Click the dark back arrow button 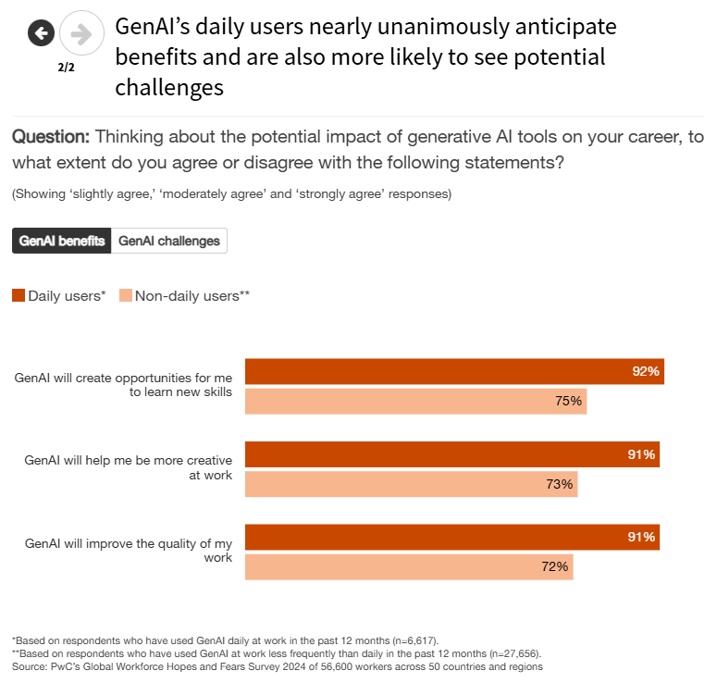pos(41,34)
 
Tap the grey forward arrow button pos(81,34)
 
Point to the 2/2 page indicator pos(65,67)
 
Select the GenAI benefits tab pos(61,241)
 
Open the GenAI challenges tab pos(169,241)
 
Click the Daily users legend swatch pos(19,296)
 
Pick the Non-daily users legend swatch pos(126,296)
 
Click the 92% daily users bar pos(453,371)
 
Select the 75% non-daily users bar pos(415,401)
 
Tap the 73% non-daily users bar pos(411,483)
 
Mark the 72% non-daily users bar pos(408,566)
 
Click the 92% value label pos(646,371)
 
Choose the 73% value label pos(560,483)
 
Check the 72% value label pos(555,566)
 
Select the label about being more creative pos(129,467)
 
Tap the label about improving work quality pos(129,551)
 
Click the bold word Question pos(51,137)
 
